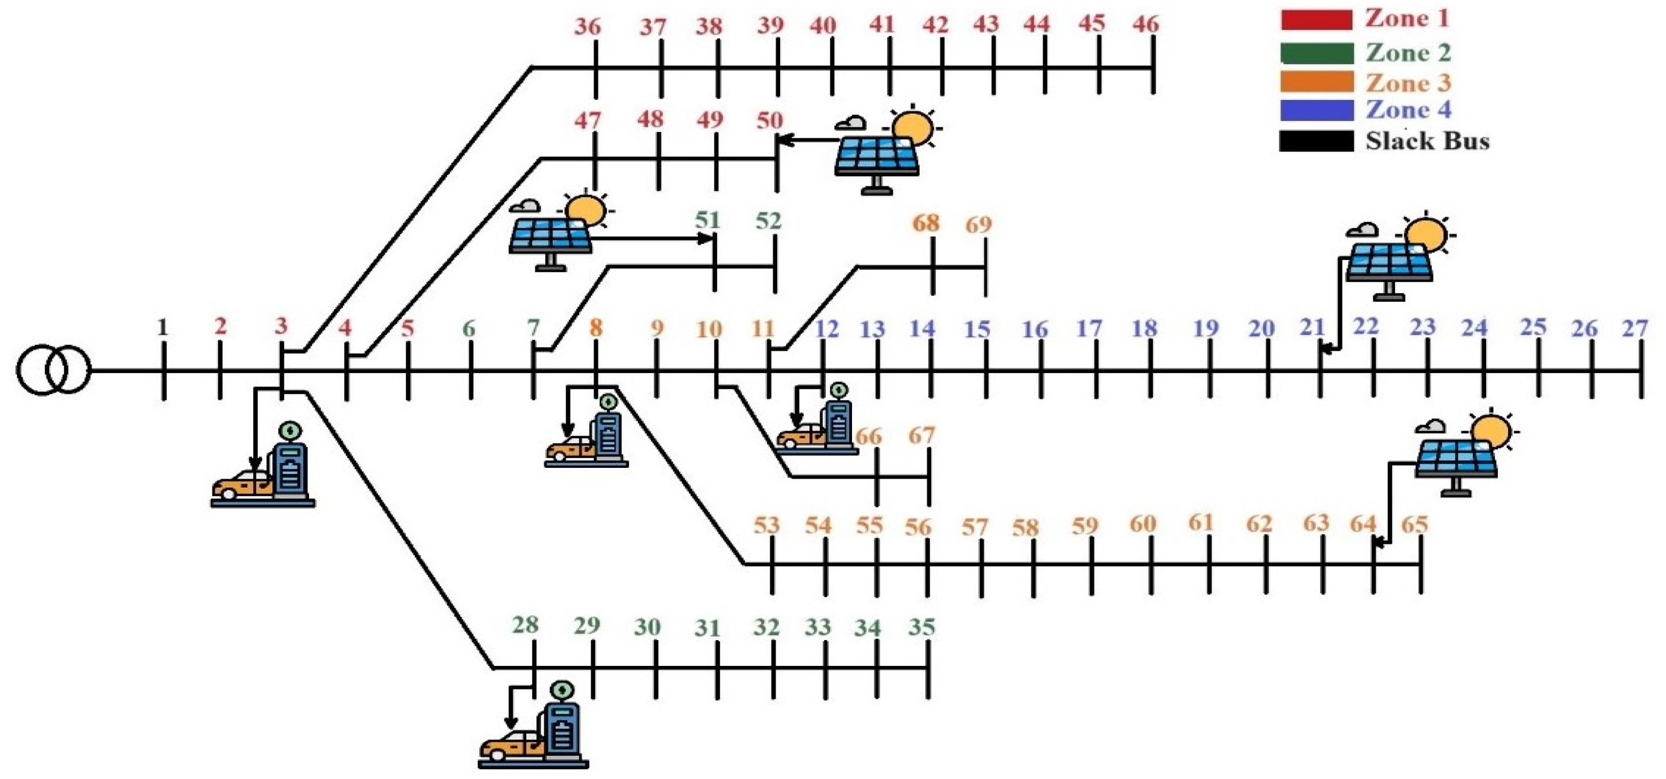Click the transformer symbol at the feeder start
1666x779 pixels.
[x=53, y=370]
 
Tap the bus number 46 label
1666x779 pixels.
[x=1146, y=25]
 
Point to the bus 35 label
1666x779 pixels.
[x=921, y=626]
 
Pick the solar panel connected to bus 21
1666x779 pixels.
[x=1397, y=258]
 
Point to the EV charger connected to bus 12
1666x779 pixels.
[x=817, y=418]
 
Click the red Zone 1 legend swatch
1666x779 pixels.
[x=1316, y=20]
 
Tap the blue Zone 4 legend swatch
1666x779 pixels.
[x=1316, y=110]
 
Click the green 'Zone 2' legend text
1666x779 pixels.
[x=1408, y=52]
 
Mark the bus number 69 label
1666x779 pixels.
[x=978, y=224]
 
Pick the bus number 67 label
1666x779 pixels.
[x=921, y=435]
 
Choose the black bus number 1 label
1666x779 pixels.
[x=163, y=327]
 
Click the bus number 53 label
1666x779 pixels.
[x=766, y=524]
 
